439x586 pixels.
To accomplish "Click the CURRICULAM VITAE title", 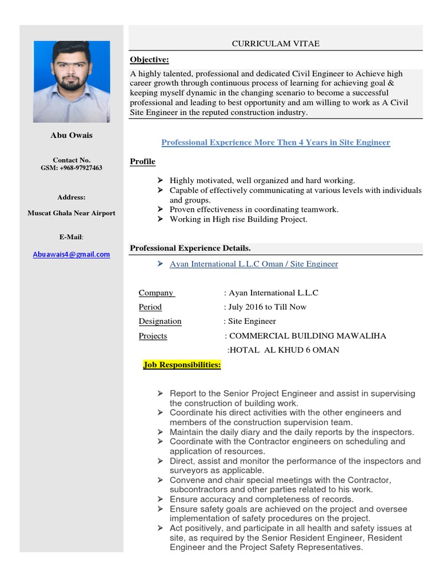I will [275, 43].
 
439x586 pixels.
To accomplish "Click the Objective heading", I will [149, 60].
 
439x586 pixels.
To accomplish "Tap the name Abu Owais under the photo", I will [71, 135].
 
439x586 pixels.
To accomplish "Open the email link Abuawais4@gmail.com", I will [71, 255].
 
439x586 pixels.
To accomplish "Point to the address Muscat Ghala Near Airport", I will [71, 213].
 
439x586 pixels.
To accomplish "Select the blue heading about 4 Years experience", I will [276, 142].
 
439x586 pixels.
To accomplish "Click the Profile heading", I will [142, 161].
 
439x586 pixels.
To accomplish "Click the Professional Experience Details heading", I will [190, 248].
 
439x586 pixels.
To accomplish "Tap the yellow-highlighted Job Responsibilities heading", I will [182, 365].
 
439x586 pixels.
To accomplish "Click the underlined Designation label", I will [160, 322].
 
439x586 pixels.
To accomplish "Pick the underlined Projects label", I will [153, 336].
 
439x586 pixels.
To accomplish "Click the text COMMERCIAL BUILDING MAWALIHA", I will [307, 336].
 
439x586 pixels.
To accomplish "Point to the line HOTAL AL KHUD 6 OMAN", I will [283, 350].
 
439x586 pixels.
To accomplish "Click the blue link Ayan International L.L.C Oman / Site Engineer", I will [254, 264].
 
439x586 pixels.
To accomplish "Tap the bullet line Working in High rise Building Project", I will [238, 219].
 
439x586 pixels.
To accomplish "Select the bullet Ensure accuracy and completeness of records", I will [261, 499].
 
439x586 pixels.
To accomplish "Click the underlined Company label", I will [156, 293].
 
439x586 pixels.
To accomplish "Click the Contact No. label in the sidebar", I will [71, 160].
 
